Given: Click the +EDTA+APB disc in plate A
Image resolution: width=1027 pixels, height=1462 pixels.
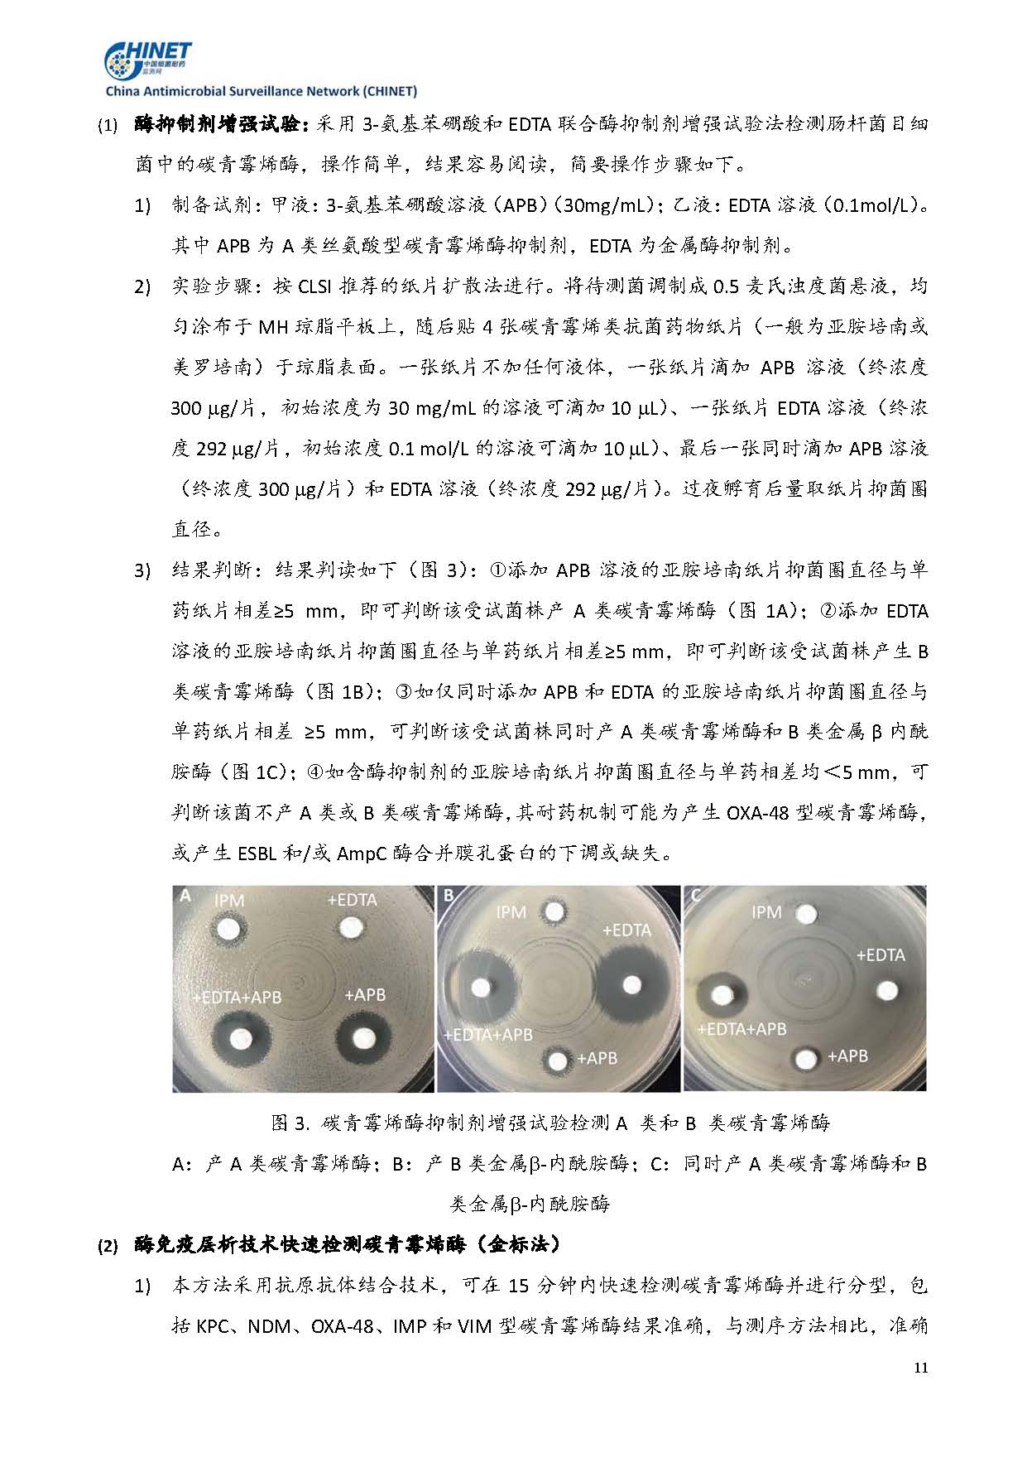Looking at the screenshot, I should coord(242,1038).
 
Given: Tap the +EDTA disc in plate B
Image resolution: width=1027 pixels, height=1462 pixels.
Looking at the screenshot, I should coord(633,984).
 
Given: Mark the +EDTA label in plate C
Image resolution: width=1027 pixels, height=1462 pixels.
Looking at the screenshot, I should coord(880,955).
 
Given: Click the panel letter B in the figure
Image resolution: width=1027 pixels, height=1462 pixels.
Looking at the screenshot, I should coord(449,895).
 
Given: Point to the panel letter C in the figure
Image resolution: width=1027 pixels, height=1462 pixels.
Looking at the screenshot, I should coord(695,895).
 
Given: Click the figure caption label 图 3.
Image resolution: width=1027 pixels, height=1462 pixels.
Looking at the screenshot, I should coord(290,1123).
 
